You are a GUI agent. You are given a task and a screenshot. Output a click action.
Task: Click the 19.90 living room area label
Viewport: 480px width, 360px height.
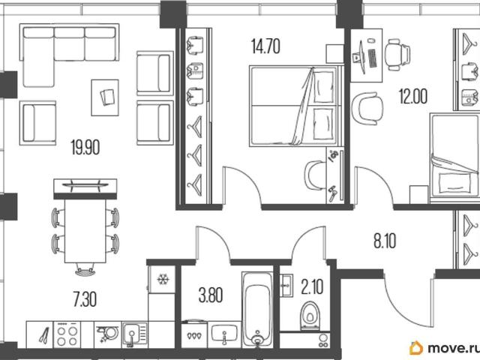(x=85, y=147)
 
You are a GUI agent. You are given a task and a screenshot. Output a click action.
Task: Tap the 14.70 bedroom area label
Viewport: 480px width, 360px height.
(x=265, y=46)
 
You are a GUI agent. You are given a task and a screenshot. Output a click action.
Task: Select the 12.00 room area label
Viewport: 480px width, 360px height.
(x=413, y=96)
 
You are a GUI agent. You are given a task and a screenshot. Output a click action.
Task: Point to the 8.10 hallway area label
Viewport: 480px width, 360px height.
(x=385, y=241)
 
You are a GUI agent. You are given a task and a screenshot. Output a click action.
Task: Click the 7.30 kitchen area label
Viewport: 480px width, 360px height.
(x=85, y=299)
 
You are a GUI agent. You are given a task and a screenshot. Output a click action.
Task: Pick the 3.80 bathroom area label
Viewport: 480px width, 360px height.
(x=211, y=295)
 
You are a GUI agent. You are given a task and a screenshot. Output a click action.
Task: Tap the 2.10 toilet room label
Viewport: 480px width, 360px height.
(x=312, y=286)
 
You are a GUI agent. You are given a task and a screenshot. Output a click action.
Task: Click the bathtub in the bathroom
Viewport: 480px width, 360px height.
(x=257, y=310)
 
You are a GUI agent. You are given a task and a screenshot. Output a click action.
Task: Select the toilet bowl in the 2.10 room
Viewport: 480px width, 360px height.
(x=310, y=316)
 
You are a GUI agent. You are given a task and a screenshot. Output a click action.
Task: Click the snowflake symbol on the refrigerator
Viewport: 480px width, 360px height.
(x=163, y=279)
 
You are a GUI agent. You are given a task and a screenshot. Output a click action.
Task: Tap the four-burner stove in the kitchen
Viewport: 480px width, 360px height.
(x=67, y=335)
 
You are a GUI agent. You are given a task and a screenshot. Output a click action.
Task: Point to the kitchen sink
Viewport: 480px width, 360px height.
(x=135, y=334)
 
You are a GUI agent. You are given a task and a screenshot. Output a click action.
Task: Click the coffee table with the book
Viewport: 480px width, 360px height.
(x=105, y=97)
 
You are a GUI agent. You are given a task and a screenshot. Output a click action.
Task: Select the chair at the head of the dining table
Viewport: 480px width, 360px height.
(x=85, y=270)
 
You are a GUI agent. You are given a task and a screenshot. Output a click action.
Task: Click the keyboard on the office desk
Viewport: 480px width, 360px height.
(x=373, y=58)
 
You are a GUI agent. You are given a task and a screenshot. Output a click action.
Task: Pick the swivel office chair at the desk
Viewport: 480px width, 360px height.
(x=397, y=55)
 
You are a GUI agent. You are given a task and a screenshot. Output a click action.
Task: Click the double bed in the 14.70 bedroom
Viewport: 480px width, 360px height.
(x=295, y=106)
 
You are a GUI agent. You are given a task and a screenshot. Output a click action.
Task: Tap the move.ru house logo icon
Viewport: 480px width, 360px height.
(x=416, y=348)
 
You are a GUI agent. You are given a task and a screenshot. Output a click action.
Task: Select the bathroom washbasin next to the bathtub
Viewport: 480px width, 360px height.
(x=224, y=334)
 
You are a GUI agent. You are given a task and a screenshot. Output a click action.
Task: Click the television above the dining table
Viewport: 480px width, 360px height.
(x=85, y=184)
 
